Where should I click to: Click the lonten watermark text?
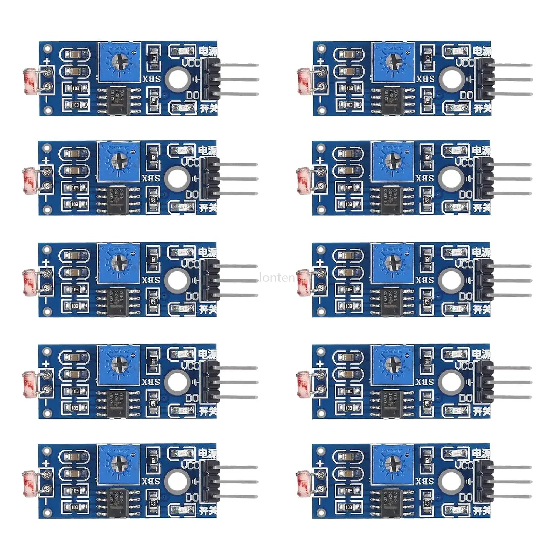point(277,277)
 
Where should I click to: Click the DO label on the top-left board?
point(192,95)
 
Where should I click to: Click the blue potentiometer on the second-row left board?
point(119,162)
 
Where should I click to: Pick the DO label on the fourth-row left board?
point(192,399)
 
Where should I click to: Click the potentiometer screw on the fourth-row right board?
point(392,365)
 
